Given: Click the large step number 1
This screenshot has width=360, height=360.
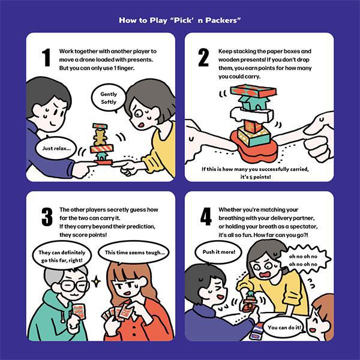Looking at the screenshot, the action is click(x=46, y=58).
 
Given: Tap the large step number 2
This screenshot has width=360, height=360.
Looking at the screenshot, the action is click(x=203, y=58).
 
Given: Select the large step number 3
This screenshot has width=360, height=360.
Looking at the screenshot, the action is click(x=47, y=217).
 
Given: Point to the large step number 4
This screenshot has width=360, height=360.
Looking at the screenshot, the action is click(x=206, y=217).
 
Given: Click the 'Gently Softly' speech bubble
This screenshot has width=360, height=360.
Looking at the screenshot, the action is click(x=109, y=98).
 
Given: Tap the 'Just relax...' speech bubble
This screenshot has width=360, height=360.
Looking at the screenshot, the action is click(x=56, y=148).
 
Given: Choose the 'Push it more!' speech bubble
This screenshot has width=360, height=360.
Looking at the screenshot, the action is click(x=218, y=252).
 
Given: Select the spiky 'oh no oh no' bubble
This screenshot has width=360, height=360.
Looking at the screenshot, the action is click(x=303, y=260).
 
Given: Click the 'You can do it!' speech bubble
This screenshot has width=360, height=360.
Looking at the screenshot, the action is click(x=284, y=328).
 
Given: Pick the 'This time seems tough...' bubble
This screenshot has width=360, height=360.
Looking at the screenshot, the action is click(x=134, y=253).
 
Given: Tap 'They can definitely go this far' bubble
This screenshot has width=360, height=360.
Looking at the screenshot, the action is click(x=62, y=256).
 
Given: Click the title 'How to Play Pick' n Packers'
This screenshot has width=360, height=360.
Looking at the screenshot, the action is click(x=180, y=20).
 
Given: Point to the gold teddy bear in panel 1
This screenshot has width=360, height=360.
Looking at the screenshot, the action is click(x=100, y=137).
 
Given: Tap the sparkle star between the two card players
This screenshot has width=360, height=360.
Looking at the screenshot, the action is click(x=96, y=281).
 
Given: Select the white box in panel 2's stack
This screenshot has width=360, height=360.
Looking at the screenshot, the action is click(x=251, y=115).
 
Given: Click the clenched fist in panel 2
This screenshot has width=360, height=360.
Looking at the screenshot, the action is click(x=319, y=149).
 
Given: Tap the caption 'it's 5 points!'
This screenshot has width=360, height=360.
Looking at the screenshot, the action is click(x=256, y=177).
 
